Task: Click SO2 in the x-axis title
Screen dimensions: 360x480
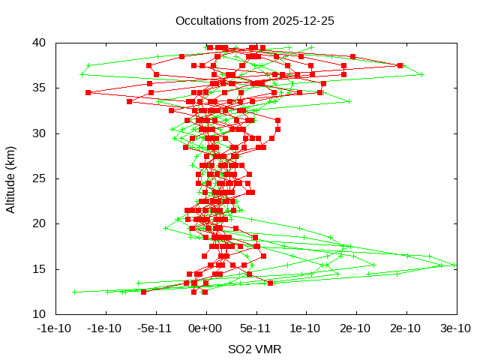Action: pos(240,349)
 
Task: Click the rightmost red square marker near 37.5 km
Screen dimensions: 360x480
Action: pos(400,66)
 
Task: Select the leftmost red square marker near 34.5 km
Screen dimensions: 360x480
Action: pos(88,93)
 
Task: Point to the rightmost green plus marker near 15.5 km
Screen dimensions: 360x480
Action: pos(453,264)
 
